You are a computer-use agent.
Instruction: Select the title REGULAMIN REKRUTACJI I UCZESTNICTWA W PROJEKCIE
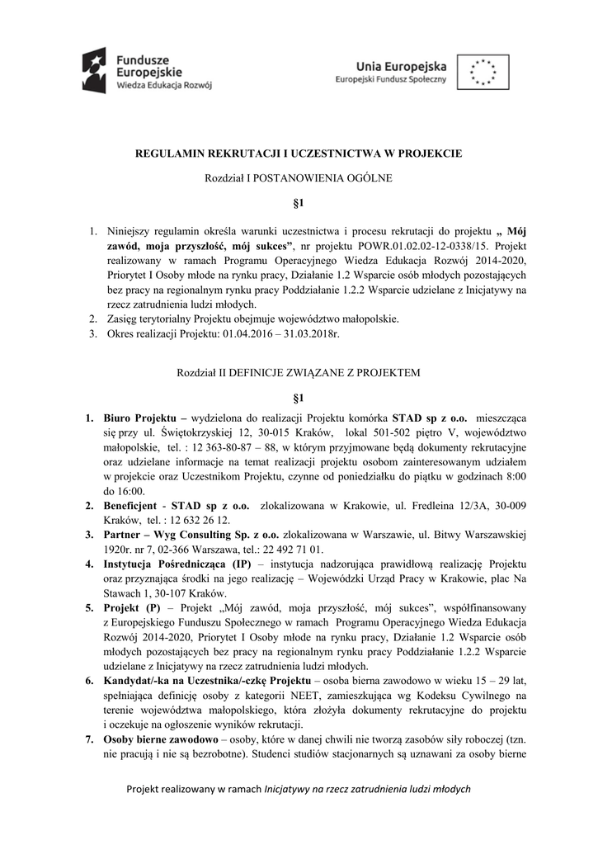point(299,153)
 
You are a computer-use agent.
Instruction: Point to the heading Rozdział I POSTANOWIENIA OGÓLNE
point(299,178)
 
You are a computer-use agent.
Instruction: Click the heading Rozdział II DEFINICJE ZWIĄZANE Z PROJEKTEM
point(299,373)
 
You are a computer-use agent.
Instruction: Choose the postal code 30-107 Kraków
point(186,593)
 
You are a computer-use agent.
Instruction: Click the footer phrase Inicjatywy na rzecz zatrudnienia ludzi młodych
point(366,790)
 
